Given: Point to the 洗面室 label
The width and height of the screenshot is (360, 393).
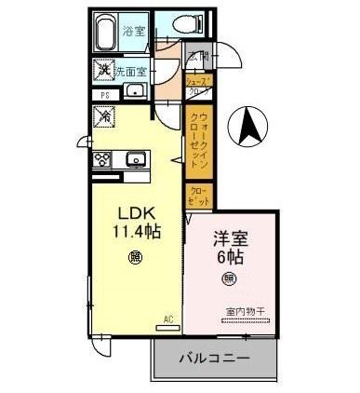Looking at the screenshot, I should [x=134, y=70].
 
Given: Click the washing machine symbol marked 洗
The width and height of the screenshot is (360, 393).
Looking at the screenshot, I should [x=104, y=69].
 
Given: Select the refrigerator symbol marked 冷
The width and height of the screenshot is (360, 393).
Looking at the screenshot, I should [x=103, y=117].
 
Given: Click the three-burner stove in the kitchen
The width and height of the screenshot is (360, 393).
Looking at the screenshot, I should [x=102, y=158].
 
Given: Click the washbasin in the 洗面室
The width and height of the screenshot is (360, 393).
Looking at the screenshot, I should [x=133, y=91].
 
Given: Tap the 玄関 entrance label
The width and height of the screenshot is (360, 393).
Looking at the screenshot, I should [x=198, y=57].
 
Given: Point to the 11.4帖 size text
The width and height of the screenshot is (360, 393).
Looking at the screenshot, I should [x=135, y=231].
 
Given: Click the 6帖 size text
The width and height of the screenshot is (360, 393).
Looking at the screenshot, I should [x=229, y=257].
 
